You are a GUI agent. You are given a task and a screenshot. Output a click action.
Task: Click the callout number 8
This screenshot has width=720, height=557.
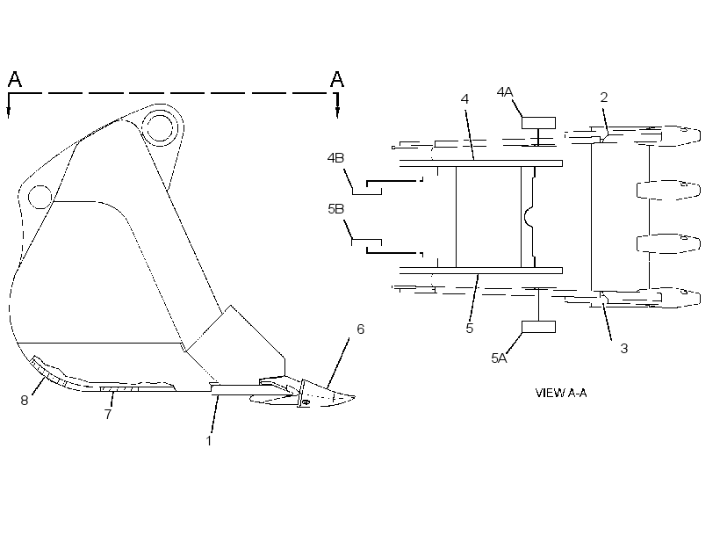click(x=25, y=401)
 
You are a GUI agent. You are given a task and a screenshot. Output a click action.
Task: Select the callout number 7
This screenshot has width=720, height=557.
click(x=108, y=414)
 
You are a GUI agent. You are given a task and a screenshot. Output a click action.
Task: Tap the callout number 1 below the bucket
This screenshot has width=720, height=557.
click(x=209, y=441)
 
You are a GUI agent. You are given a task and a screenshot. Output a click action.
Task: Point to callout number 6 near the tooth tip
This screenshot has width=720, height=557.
click(x=361, y=329)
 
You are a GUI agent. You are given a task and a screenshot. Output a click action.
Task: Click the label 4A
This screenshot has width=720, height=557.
click(x=505, y=92)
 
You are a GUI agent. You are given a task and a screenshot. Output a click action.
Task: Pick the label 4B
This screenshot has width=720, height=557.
click(x=335, y=157)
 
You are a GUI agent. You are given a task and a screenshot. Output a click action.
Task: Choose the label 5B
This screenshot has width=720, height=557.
click(x=336, y=208)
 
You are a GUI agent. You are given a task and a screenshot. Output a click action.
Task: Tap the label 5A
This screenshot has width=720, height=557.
click(x=499, y=358)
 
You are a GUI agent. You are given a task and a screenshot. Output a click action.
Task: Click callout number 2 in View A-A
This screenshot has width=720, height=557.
click(x=604, y=97)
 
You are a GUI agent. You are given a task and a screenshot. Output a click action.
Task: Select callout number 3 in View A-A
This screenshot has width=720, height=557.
click(x=624, y=349)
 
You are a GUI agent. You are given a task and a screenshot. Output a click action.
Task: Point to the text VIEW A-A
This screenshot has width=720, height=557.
click(x=561, y=393)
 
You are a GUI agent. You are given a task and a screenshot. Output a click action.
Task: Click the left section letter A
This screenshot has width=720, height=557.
click(x=15, y=79)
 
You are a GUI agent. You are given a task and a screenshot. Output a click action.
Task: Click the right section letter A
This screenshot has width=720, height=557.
click(x=337, y=79)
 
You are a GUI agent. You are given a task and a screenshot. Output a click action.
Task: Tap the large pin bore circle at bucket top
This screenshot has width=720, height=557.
click(x=159, y=125)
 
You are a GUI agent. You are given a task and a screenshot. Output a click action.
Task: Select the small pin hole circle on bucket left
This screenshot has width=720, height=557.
click(x=40, y=197)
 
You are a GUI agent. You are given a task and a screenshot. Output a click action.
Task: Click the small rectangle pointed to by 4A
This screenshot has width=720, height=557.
click(x=538, y=123)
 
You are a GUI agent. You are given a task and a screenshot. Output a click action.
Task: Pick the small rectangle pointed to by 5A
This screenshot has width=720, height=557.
click(x=538, y=327)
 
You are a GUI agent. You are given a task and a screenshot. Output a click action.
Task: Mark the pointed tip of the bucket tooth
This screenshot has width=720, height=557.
click(x=355, y=397)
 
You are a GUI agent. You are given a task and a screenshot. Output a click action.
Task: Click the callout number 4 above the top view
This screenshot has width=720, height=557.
click(x=464, y=98)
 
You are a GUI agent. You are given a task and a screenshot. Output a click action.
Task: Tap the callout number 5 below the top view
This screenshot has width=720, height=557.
click(x=469, y=328)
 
